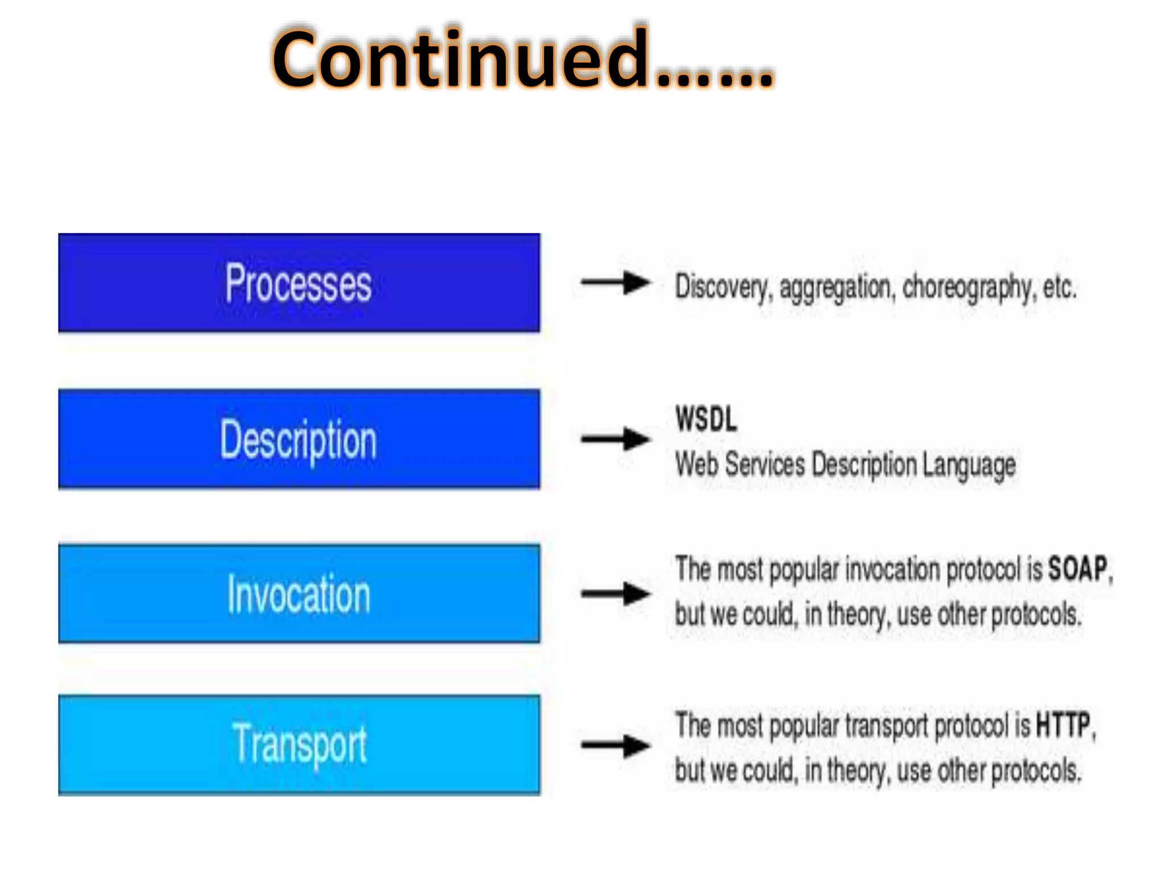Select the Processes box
tap(299, 283)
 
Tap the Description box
tap(299, 439)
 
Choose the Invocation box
tap(299, 594)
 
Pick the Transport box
tap(299, 745)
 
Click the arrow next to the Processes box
tap(615, 282)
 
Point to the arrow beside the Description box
tap(615, 439)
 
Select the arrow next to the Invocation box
tap(615, 594)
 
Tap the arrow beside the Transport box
tap(615, 745)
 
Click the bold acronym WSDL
tap(706, 419)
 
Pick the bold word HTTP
tap(1063, 725)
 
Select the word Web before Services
tap(696, 464)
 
